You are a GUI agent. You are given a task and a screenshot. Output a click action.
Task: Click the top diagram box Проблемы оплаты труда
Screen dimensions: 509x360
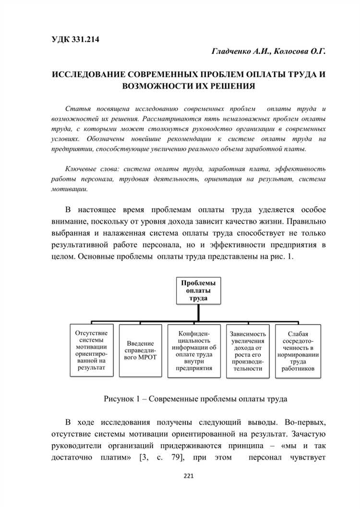[198, 290]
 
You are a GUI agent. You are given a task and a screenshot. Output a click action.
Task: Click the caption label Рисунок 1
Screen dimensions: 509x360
[122, 399]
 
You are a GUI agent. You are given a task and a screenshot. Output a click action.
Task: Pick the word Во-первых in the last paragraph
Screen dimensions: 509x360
[305, 422]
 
